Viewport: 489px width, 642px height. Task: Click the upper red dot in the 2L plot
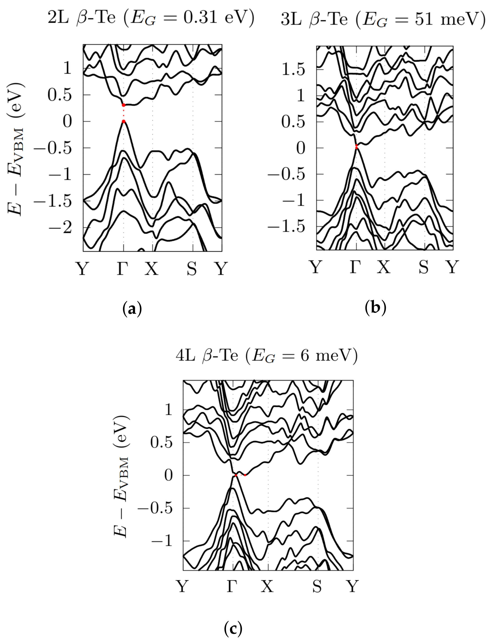(124, 105)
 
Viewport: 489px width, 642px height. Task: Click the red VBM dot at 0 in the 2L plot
(124, 122)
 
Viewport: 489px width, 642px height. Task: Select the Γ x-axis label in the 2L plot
(123, 268)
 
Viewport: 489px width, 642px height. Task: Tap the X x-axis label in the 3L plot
(384, 267)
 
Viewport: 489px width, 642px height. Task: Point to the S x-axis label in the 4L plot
(317, 586)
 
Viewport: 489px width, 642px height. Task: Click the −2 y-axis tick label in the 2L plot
(60, 228)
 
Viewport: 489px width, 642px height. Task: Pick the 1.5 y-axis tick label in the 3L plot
(293, 70)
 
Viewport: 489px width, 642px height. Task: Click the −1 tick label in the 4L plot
(162, 541)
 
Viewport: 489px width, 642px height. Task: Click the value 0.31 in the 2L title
(200, 17)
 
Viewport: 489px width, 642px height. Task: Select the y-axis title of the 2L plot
(15, 148)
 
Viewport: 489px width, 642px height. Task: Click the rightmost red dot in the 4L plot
(245, 475)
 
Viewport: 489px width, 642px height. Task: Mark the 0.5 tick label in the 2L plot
(60, 95)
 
